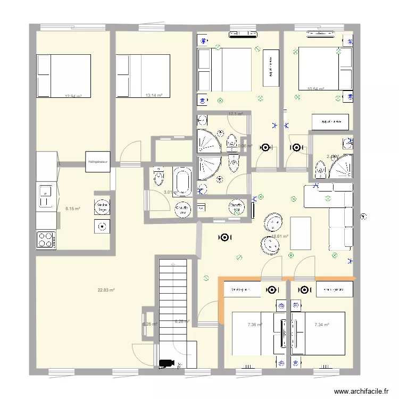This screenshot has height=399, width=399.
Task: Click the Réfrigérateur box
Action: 98,161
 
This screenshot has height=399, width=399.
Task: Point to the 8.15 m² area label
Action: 73,209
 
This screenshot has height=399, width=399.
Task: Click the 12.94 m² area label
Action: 73,96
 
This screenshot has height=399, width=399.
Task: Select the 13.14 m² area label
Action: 154,95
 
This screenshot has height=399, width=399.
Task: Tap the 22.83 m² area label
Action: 106,290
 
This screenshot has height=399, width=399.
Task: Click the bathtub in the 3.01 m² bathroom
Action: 182,180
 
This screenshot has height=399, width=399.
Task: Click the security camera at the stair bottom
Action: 167,363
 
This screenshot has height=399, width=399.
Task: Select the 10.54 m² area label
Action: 316,89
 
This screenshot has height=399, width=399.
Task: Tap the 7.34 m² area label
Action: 322,325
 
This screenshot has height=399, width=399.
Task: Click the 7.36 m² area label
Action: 255,325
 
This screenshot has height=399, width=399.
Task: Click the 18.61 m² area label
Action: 280,237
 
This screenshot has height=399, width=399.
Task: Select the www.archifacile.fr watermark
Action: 361,391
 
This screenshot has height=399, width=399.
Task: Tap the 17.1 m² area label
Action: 235,114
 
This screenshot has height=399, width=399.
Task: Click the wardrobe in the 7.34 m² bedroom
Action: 334,289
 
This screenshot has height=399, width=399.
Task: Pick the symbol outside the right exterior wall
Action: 363,216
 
